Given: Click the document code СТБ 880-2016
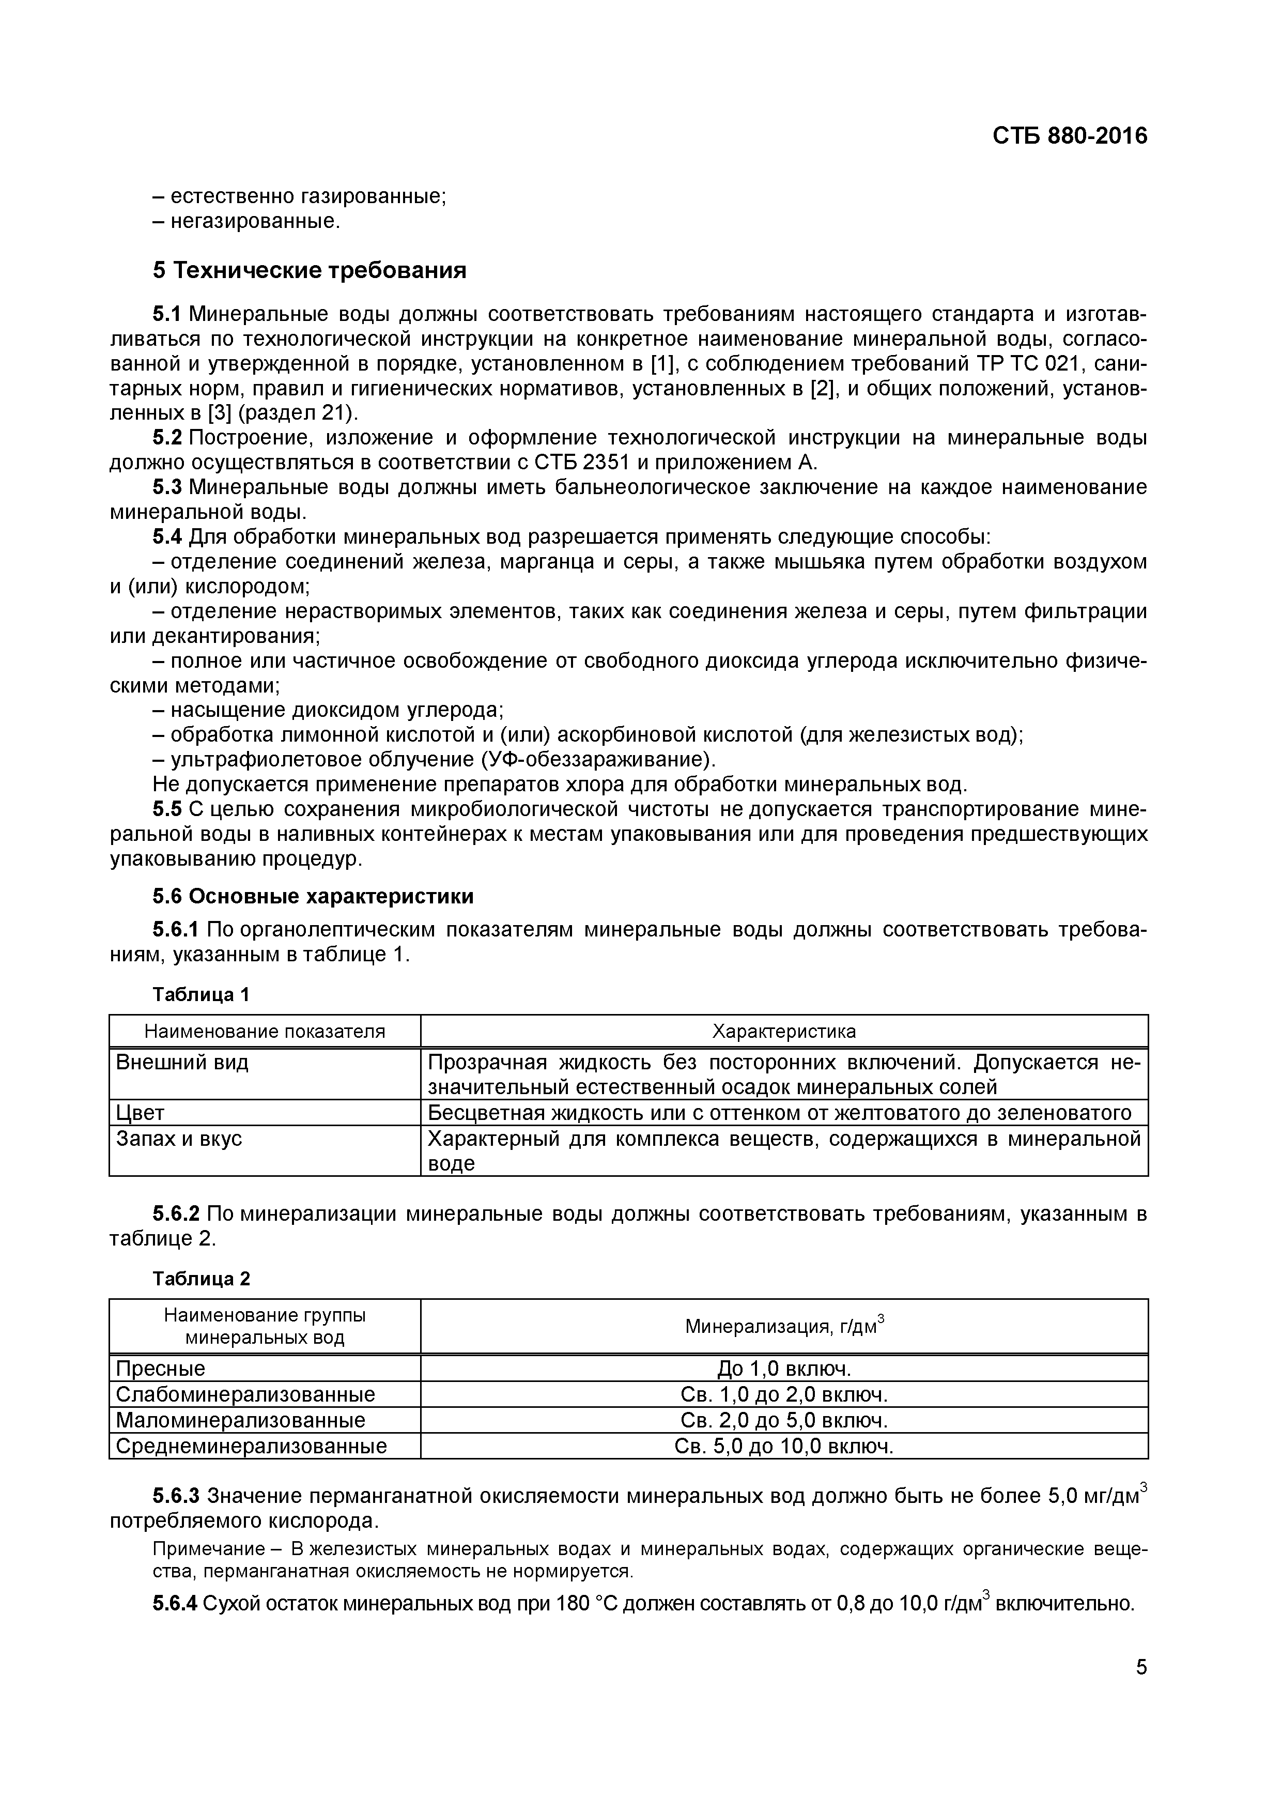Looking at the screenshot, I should (1069, 136).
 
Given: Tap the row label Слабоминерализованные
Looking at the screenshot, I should (245, 1394).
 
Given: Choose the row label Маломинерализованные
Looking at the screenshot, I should (240, 1421).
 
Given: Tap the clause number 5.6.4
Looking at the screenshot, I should (175, 1604).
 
